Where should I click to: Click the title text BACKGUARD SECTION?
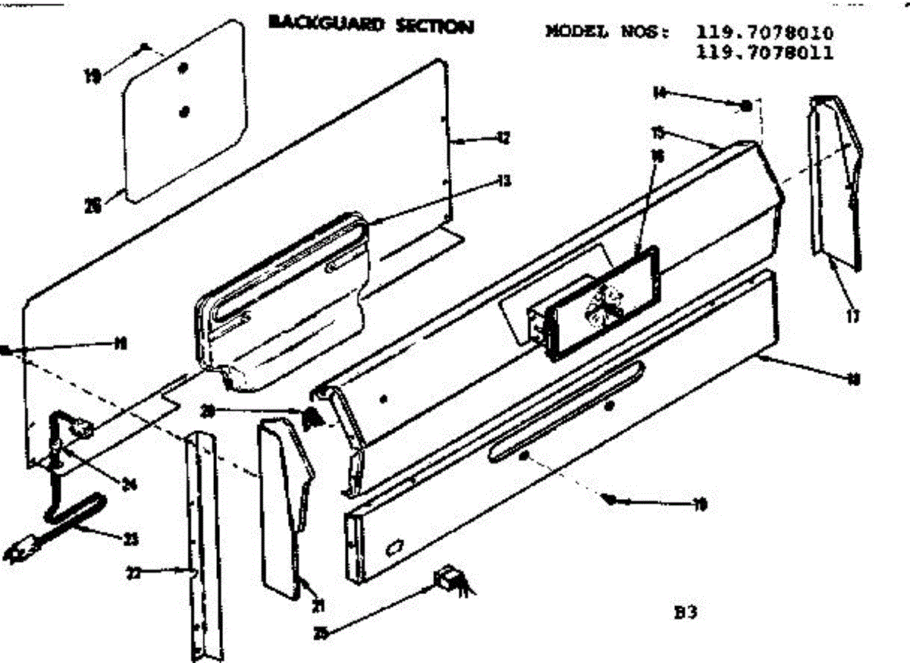coord(371,25)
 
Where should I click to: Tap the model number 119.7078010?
coord(764,33)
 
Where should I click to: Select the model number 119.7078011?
coord(764,52)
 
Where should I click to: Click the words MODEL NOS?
coord(607,33)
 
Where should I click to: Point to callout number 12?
coord(503,138)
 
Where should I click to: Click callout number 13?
coord(503,181)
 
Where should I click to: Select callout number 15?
coord(658,134)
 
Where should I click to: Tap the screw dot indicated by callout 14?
coord(745,105)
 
